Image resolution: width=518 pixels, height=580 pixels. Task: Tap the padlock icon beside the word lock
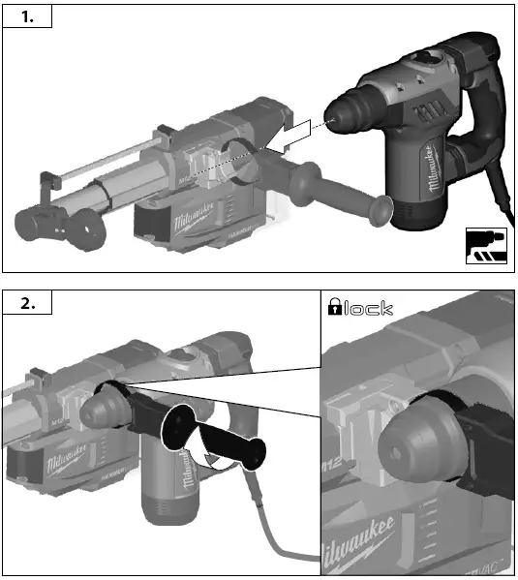[x=335, y=308]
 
